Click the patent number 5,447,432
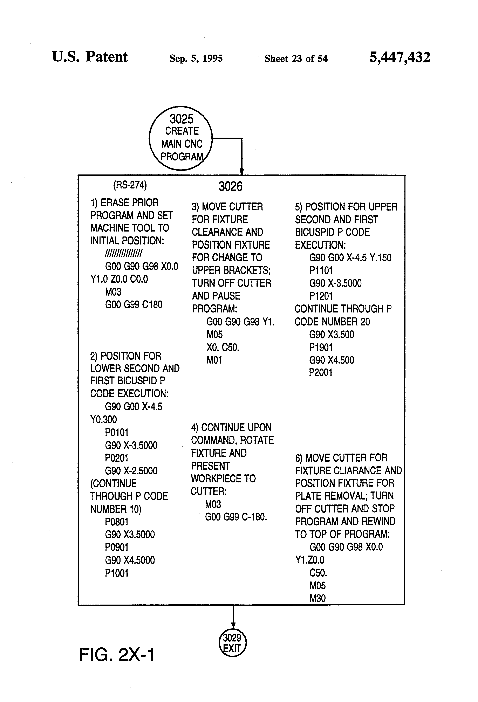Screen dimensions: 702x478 pos(400,57)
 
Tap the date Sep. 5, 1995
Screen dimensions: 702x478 pos(196,58)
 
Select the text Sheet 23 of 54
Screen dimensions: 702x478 pos(296,58)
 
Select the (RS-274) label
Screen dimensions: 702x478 pos(130,185)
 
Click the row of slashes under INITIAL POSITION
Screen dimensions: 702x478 pos(123,253)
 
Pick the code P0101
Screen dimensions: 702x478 pos(117,432)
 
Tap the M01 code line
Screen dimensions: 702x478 pos(214,360)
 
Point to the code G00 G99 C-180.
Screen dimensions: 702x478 pos(236,517)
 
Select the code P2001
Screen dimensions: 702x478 pos(321,372)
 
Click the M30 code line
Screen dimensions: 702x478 pos(317,598)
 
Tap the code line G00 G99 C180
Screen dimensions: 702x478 pos(134,304)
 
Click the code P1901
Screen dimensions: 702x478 pos(321,347)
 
